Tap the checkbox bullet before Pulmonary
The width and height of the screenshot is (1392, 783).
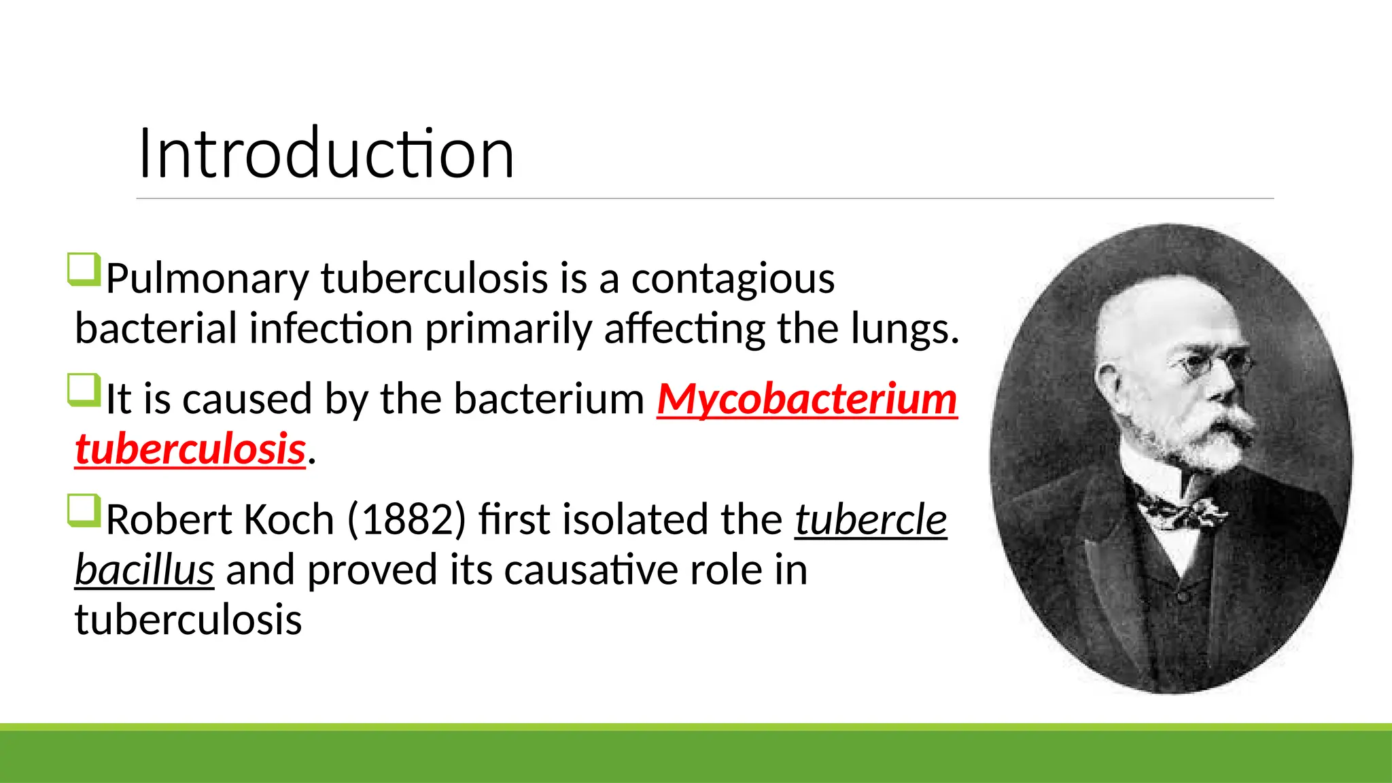tap(84, 269)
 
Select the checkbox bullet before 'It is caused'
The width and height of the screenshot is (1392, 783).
tap(84, 390)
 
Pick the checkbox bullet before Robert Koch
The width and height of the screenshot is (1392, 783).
tap(84, 511)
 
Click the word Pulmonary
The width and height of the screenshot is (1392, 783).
tap(207, 279)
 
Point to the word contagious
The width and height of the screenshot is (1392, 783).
tap(733, 279)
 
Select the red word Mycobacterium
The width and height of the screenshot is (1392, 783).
tap(807, 399)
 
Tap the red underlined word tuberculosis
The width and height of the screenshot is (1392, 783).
tap(190, 449)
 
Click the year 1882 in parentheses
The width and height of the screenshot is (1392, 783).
tap(406, 520)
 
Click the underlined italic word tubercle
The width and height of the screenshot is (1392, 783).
tap(871, 520)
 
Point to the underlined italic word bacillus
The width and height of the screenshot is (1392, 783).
tap(144, 570)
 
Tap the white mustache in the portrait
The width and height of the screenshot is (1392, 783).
tap(1223, 425)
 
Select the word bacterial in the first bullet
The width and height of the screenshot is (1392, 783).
tap(156, 329)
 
